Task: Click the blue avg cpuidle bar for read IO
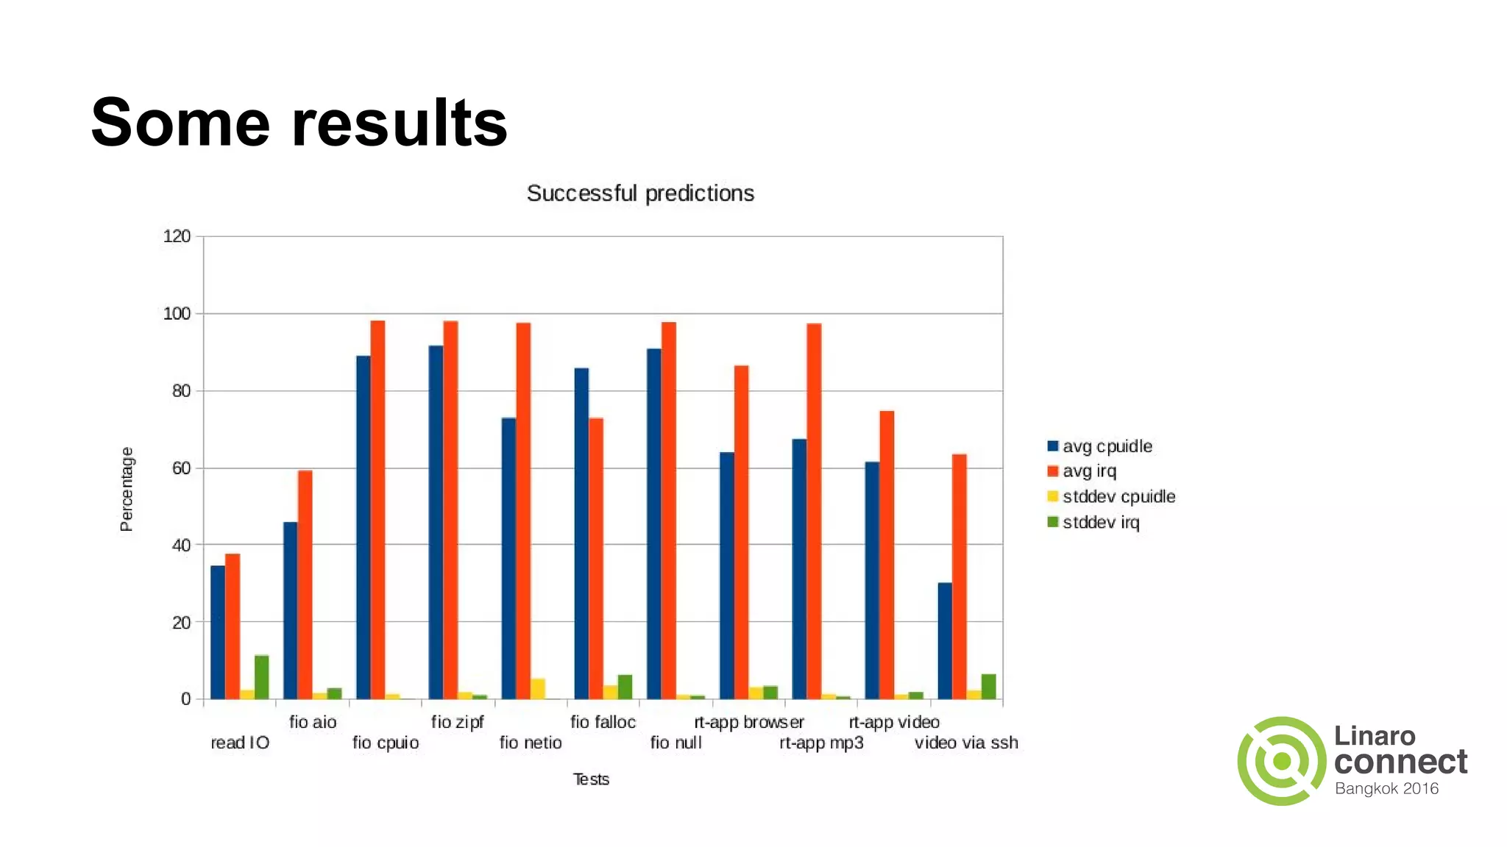218,632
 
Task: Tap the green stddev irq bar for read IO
261,677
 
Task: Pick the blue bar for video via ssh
945,640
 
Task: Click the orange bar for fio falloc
596,559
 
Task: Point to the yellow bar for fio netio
538,689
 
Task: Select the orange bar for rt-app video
887,555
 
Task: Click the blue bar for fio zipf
436,522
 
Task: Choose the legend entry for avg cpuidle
1099,446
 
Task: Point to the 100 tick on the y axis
177,314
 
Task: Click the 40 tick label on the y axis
181,546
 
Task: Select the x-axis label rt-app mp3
821,743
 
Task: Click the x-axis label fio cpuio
386,743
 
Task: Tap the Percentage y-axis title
127,489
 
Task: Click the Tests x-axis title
591,779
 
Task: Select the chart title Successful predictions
640,193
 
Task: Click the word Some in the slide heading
180,123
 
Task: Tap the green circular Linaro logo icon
1281,761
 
